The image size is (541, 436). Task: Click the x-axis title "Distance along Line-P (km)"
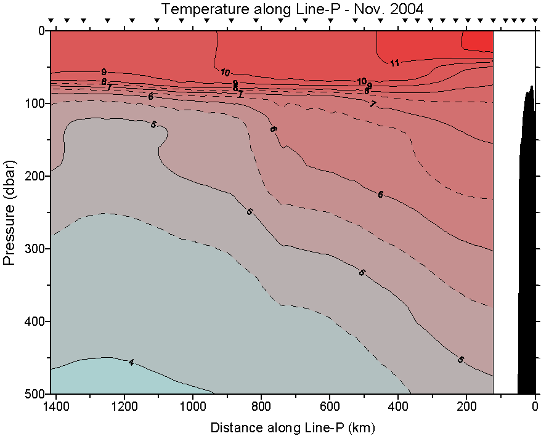pyautogui.click(x=293, y=427)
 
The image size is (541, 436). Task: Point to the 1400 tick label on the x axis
pyautogui.click(x=57, y=406)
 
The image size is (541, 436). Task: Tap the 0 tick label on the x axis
pyautogui.click(x=535, y=406)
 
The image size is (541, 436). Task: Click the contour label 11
pyautogui.click(x=394, y=62)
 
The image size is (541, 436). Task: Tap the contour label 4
pyautogui.click(x=131, y=362)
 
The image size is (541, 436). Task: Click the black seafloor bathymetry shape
pyautogui.click(x=527, y=259)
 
